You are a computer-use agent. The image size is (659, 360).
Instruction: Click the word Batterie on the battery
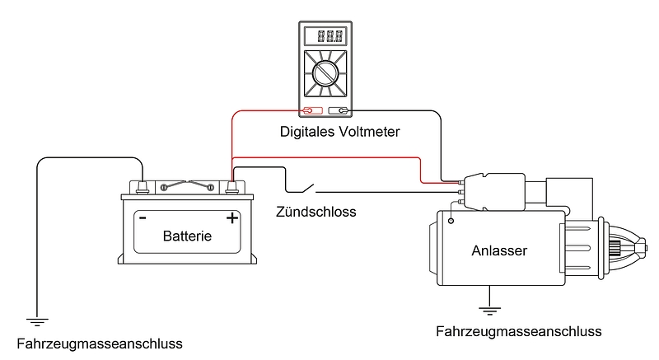tap(187, 236)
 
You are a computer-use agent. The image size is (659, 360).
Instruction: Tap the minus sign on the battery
tap(143, 218)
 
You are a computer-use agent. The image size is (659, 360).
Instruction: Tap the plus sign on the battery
tap(232, 218)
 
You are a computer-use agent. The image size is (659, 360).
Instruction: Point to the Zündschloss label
tap(315, 212)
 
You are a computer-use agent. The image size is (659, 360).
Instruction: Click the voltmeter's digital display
tap(324, 37)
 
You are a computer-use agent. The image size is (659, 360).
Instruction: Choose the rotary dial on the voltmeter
tap(325, 77)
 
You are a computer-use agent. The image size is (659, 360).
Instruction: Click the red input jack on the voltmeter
tap(310, 110)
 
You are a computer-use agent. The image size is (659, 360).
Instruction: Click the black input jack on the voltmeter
tap(339, 110)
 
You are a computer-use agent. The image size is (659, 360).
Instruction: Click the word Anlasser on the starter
tap(499, 250)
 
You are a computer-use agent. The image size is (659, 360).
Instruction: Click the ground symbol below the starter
tap(490, 310)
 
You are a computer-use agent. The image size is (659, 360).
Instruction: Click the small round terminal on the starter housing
tap(451, 221)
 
